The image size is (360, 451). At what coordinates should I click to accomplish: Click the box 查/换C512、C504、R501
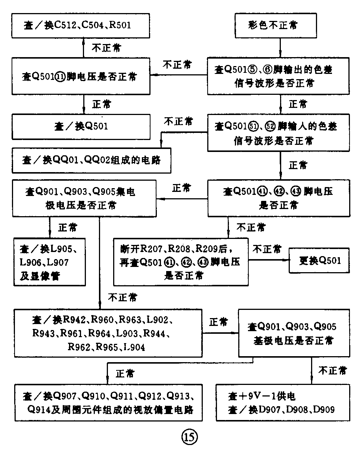click(81, 25)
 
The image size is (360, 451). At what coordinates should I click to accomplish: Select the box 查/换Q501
click(81, 127)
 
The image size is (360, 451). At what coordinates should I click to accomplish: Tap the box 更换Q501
click(320, 260)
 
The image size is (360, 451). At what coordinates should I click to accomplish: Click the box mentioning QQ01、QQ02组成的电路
click(91, 160)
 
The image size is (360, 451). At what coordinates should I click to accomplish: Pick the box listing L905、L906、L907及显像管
click(50, 262)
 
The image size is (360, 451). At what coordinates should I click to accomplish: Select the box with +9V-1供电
click(283, 402)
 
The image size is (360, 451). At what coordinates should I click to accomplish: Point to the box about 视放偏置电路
click(108, 402)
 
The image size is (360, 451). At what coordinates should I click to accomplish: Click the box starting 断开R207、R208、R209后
click(181, 262)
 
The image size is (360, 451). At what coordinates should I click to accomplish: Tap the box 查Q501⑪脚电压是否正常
click(81, 77)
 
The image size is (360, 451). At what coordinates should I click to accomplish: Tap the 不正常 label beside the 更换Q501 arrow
click(267, 249)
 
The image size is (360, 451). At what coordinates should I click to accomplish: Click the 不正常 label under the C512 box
click(107, 47)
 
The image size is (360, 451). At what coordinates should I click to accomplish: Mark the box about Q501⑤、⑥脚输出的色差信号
click(278, 77)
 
